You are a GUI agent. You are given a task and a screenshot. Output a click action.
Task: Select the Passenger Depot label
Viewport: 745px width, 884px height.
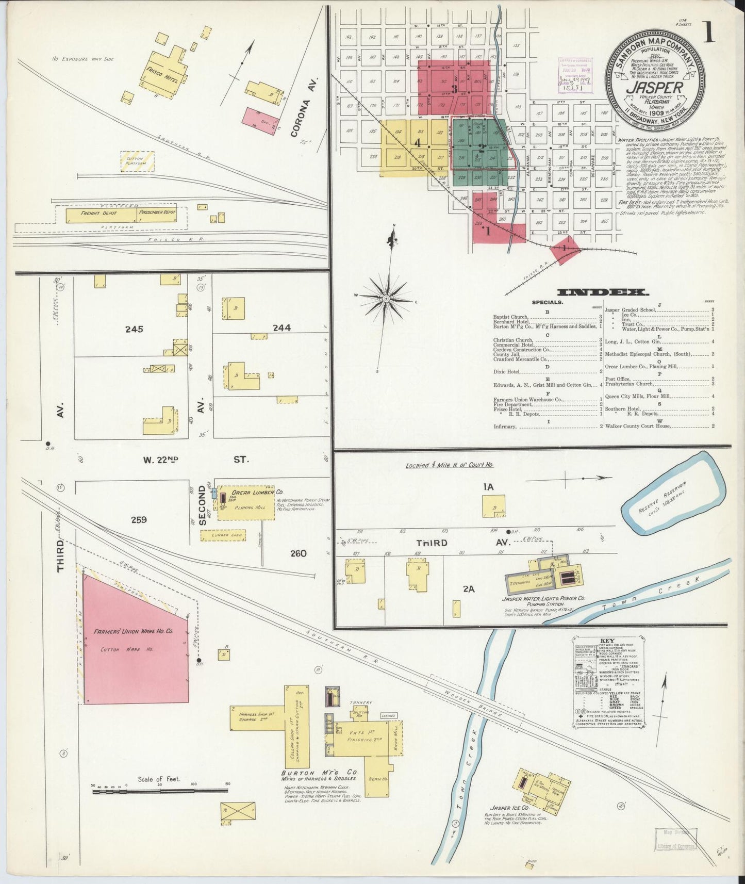(x=157, y=212)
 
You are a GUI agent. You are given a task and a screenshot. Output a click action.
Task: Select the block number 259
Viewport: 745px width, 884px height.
(x=138, y=519)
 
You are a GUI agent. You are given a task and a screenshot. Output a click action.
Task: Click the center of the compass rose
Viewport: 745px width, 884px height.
(x=386, y=299)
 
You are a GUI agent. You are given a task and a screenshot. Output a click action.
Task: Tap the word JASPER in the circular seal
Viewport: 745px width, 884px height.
(x=654, y=87)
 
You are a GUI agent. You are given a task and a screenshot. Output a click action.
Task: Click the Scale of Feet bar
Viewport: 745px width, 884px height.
(x=160, y=805)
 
